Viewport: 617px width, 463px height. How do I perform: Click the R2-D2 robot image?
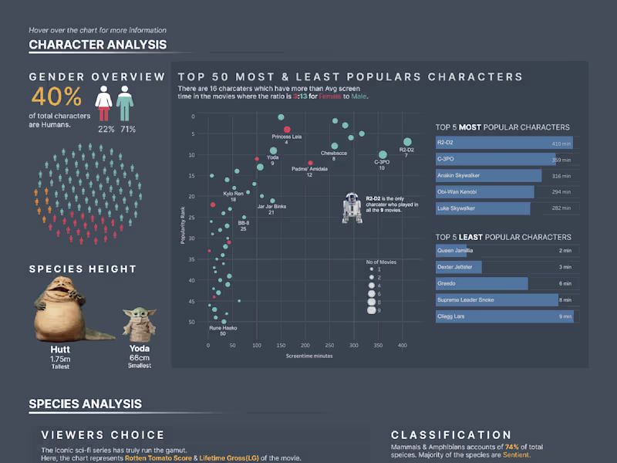pyautogui.click(x=351, y=208)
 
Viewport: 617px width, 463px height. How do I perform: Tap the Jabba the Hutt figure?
pyautogui.click(x=58, y=308)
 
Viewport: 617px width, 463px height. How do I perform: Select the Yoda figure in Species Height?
pyautogui.click(x=139, y=324)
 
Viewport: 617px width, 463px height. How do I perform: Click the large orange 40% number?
pyautogui.click(x=56, y=97)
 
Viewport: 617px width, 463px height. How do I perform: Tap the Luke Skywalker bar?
pyautogui.click(x=483, y=208)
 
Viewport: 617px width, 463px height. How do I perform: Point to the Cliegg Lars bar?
pyautogui.click(x=504, y=316)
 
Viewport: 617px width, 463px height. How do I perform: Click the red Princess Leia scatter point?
pyautogui.click(x=287, y=130)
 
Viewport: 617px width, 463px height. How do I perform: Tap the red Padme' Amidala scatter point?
pyautogui.click(x=310, y=163)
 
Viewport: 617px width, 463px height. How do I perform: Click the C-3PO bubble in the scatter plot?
pyautogui.click(x=383, y=155)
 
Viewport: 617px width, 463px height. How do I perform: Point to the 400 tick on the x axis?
pyautogui.click(x=402, y=345)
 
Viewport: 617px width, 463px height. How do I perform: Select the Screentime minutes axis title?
pyautogui.click(x=308, y=357)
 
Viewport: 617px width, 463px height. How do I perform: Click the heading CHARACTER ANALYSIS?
pyautogui.click(x=97, y=45)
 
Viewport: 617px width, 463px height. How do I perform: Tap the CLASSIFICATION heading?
pyautogui.click(x=450, y=435)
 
